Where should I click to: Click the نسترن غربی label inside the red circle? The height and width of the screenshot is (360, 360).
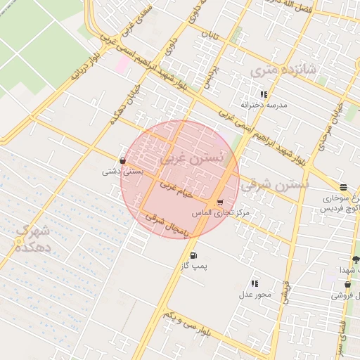pyautogui.click(x=192, y=160)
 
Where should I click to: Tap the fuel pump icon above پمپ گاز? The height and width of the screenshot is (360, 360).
pyautogui.click(x=193, y=255)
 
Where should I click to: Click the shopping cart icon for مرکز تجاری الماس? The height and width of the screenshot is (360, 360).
pyautogui.click(x=220, y=202)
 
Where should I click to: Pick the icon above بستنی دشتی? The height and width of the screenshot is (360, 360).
pyautogui.click(x=123, y=160)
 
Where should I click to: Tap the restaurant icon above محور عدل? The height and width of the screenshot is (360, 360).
pyautogui.click(x=255, y=283)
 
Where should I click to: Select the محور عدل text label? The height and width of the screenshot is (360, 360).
pyautogui.click(x=255, y=295)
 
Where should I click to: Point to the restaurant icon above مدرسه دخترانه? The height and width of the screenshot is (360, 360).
pyautogui.click(x=264, y=94)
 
